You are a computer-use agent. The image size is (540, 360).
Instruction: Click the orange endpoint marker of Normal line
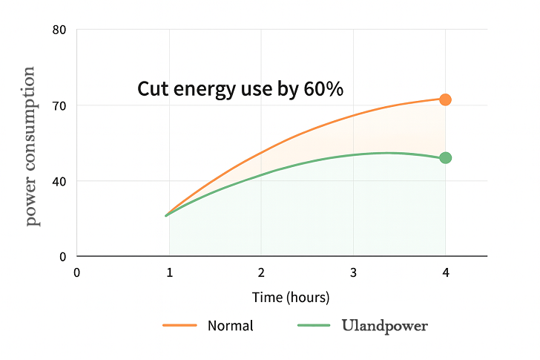click(x=445, y=99)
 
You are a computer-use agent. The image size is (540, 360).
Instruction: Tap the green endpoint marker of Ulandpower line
click(x=445, y=157)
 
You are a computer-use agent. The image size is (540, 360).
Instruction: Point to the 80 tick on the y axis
click(x=60, y=30)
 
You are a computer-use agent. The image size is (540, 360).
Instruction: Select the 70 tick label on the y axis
click(x=60, y=105)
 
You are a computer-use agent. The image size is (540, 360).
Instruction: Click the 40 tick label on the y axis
click(x=60, y=181)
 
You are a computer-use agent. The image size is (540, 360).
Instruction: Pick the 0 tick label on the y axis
click(x=63, y=257)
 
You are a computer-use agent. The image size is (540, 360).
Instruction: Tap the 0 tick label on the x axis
click(x=76, y=272)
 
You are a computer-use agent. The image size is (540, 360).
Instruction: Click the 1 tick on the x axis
click(x=169, y=272)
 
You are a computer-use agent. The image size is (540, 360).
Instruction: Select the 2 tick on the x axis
click(x=261, y=272)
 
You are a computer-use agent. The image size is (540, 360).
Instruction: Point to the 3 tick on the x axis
click(x=353, y=272)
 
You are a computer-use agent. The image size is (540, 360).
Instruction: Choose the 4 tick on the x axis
click(x=445, y=272)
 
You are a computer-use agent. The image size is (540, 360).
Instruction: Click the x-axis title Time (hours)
click(x=291, y=298)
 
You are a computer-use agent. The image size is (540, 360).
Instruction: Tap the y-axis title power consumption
click(x=30, y=146)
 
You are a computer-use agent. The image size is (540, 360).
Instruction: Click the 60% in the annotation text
click(x=323, y=89)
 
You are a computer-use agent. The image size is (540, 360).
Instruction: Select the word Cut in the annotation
click(x=151, y=89)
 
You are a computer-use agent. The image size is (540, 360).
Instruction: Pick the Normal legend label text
click(x=230, y=325)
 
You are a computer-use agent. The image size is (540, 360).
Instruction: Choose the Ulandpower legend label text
click(x=385, y=325)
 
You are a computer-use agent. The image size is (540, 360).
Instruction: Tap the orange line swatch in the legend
click(x=180, y=325)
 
